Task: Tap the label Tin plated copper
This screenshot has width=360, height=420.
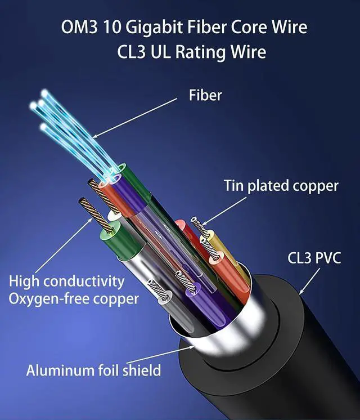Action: click(281, 185)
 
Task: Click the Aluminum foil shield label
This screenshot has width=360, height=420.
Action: click(93, 370)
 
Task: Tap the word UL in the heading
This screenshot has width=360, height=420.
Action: click(173, 52)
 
